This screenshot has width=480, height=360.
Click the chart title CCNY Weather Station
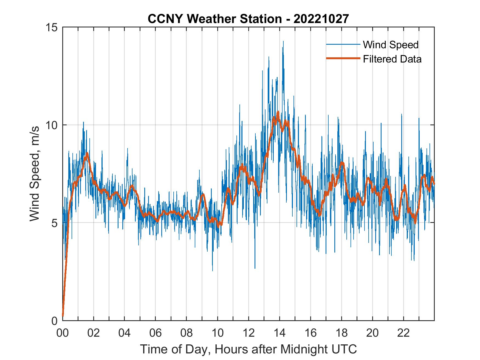coord(248,19)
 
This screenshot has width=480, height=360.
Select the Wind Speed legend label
coord(391,45)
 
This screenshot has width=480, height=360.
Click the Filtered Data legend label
coord(392,59)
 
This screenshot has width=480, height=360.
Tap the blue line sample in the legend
coord(343,45)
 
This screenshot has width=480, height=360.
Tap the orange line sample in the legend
coord(343,59)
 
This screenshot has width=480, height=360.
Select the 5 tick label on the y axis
coord(54,223)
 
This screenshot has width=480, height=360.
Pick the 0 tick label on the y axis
coord(54,321)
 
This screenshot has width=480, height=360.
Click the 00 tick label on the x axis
coord(63,333)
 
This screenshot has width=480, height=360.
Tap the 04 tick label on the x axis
coord(125,333)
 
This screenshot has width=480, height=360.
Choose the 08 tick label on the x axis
coord(187,333)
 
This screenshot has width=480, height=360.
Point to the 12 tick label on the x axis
coord(249,333)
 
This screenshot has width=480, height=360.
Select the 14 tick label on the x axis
coord(279,333)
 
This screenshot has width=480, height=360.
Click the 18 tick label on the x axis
coord(341,333)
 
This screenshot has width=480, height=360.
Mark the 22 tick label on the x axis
coord(403,333)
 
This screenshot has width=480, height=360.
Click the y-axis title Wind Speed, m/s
coord(35,174)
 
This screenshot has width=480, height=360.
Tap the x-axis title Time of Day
coord(248,349)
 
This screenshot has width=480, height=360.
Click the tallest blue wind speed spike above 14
coord(283,42)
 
